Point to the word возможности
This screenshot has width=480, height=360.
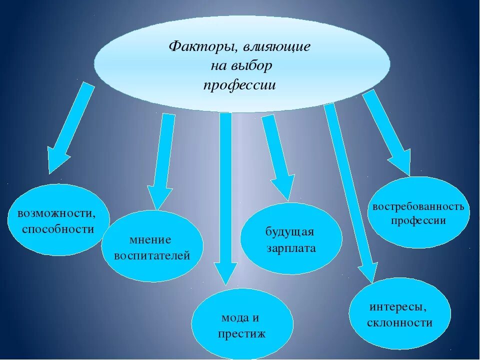click(x=56, y=213)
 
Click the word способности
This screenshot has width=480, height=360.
click(x=58, y=229)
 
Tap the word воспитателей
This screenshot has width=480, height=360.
click(x=152, y=256)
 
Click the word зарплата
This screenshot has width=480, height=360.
click(x=291, y=248)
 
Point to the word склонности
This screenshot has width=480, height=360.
click(x=399, y=322)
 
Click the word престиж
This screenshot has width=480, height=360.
click(x=241, y=333)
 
